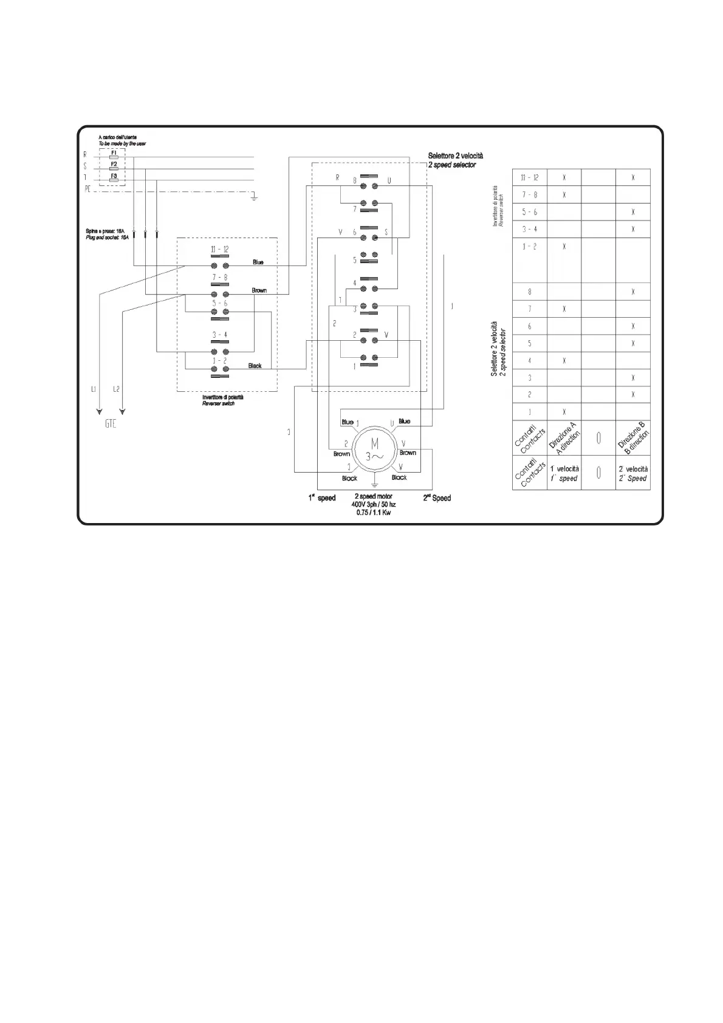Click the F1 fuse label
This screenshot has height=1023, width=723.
[114, 152]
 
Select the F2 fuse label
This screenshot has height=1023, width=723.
[114, 163]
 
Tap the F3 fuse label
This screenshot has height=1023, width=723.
[114, 176]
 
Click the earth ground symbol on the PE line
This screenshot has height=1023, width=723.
[255, 196]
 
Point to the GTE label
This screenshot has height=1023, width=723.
[110, 424]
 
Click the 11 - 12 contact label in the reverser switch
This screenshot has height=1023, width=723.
[219, 250]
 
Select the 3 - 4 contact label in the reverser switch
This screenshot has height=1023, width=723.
[219, 335]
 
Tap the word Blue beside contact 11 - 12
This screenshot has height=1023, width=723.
[258, 262]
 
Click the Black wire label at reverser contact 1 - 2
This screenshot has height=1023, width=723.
[255, 366]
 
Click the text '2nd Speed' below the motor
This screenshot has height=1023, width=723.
[437, 498]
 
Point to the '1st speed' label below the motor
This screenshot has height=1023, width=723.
[321, 498]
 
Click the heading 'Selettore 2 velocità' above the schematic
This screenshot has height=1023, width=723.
[456, 156]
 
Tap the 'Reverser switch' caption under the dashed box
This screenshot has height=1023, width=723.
[218, 403]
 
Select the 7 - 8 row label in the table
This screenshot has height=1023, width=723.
[529, 195]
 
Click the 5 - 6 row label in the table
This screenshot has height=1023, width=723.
[529, 212]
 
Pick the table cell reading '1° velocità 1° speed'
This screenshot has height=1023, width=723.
[564, 473]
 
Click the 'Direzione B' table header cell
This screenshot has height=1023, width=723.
[633, 439]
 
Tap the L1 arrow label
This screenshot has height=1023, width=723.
[93, 389]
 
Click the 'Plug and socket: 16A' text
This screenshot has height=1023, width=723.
[108, 238]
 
